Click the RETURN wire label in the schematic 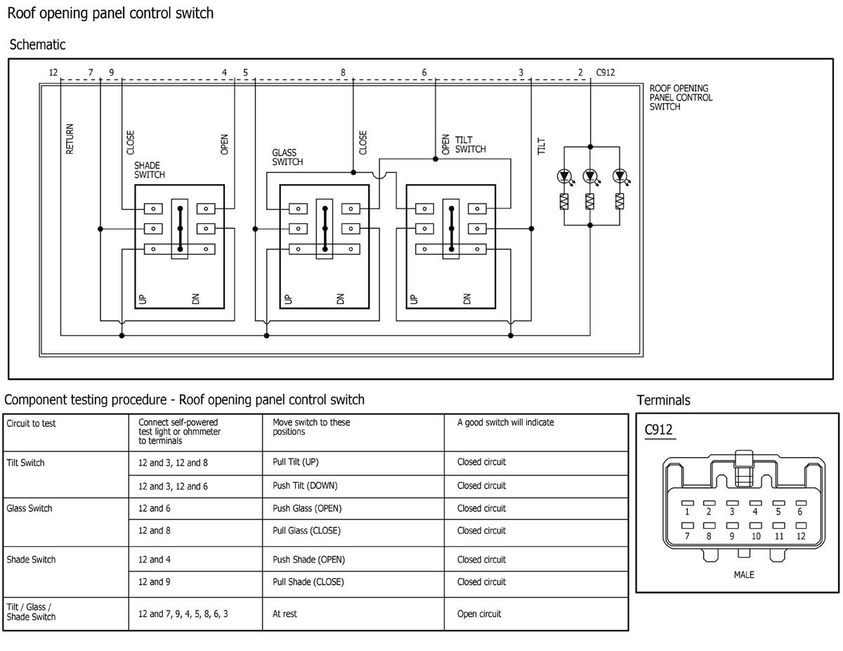coord(70,139)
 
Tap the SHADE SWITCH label coord(150,170)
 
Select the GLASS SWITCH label coord(287,157)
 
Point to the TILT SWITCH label coord(470,145)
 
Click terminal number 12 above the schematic coord(53,72)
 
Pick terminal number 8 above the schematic coord(343,72)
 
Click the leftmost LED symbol coord(564,176)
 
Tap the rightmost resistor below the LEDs coord(620,202)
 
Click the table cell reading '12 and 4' coord(155,560)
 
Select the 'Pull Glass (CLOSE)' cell coord(306,530)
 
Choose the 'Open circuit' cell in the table coord(479,614)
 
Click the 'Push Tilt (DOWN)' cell coord(305,485)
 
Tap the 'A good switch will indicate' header coord(506,422)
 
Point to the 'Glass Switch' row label coord(29,508)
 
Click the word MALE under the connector coord(744,574)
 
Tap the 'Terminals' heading coord(663,400)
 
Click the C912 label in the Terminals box coord(658,430)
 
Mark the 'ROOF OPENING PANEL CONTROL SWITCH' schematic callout coord(681,98)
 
